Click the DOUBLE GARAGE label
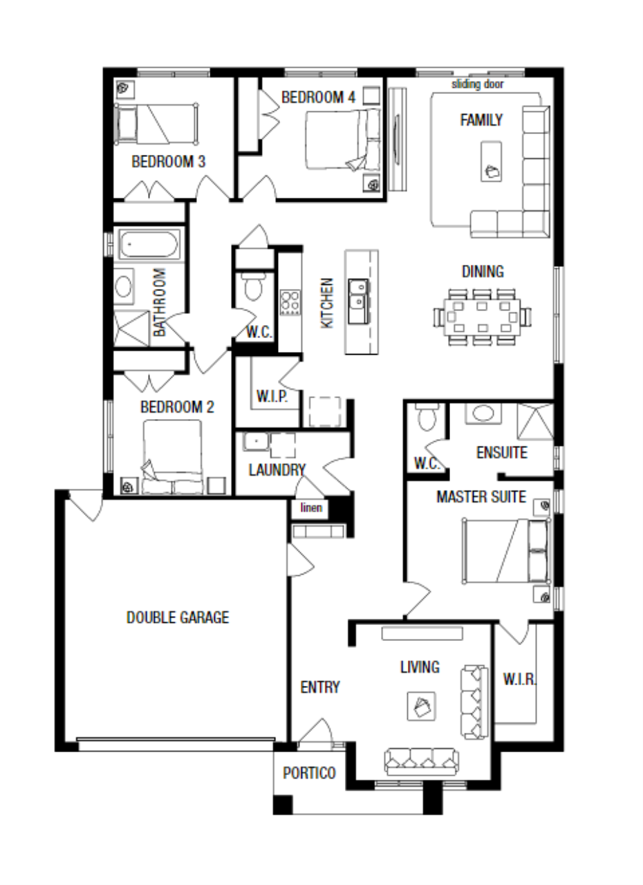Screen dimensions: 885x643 (177, 617)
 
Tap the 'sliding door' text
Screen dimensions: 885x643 (478, 84)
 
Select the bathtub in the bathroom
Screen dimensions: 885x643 (149, 245)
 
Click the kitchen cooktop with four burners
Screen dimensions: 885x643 (290, 302)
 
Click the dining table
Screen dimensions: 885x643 (483, 317)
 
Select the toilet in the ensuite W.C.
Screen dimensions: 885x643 (425, 417)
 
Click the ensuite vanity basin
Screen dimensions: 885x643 (482, 413)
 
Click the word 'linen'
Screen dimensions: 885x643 (311, 508)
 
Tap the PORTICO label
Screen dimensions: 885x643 (309, 773)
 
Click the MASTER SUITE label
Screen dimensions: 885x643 (481, 496)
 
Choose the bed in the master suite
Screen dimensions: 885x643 (506, 551)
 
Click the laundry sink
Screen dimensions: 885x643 (254, 441)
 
